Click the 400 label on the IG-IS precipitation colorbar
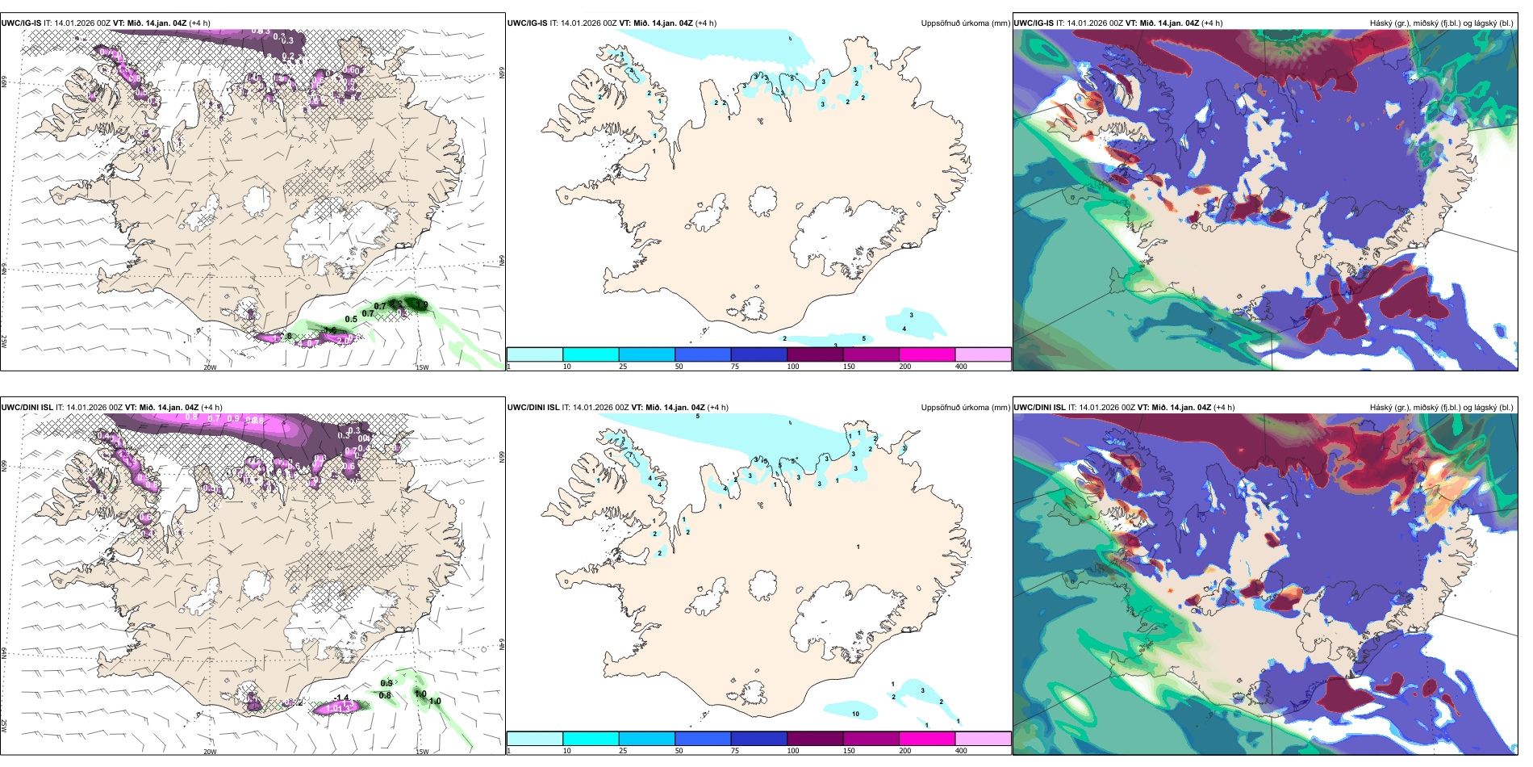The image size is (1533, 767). tap(961, 367)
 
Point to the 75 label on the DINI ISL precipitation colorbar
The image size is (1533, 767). tap(735, 751)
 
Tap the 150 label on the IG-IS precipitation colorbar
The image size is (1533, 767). tap(849, 367)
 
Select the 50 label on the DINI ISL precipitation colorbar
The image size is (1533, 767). tap(679, 751)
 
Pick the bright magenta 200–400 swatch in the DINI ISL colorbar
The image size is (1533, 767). tap(926, 739)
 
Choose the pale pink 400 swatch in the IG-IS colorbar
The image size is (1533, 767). tap(983, 354)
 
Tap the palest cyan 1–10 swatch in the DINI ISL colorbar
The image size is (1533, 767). tap(534, 739)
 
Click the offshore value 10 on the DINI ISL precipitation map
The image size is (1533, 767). tap(855, 714)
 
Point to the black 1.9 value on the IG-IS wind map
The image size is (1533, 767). tap(421, 304)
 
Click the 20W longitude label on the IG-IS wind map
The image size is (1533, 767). tap(210, 367)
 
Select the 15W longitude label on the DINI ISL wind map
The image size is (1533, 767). tap(422, 752)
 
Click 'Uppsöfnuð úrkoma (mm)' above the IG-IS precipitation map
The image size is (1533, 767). tap(965, 23)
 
